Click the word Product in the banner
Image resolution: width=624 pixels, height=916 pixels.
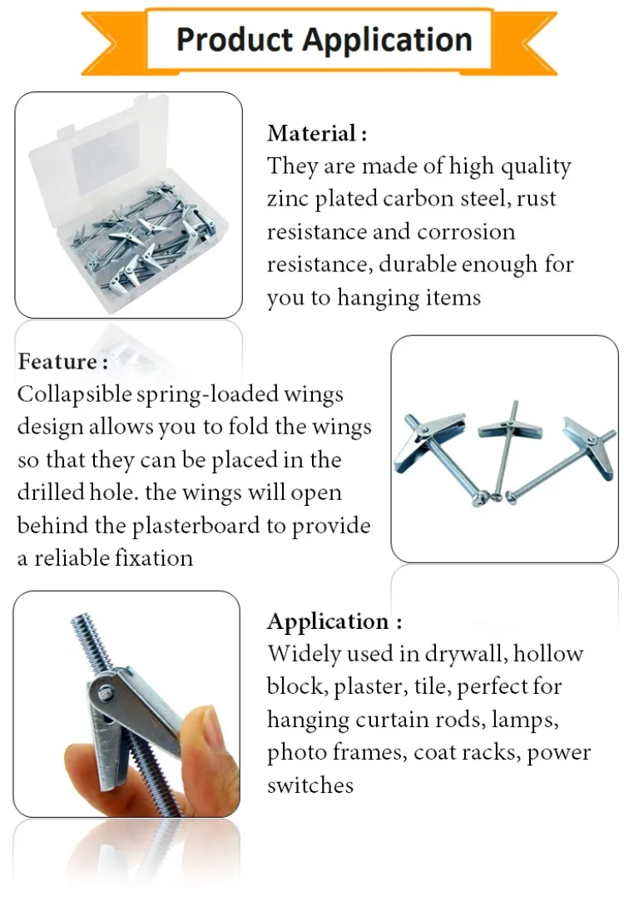coord(234,39)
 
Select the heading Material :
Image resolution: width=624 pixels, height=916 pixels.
coord(316,133)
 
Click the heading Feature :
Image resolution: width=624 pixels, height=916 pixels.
coord(62,362)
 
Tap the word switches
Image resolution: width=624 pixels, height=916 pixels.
coord(310,785)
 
